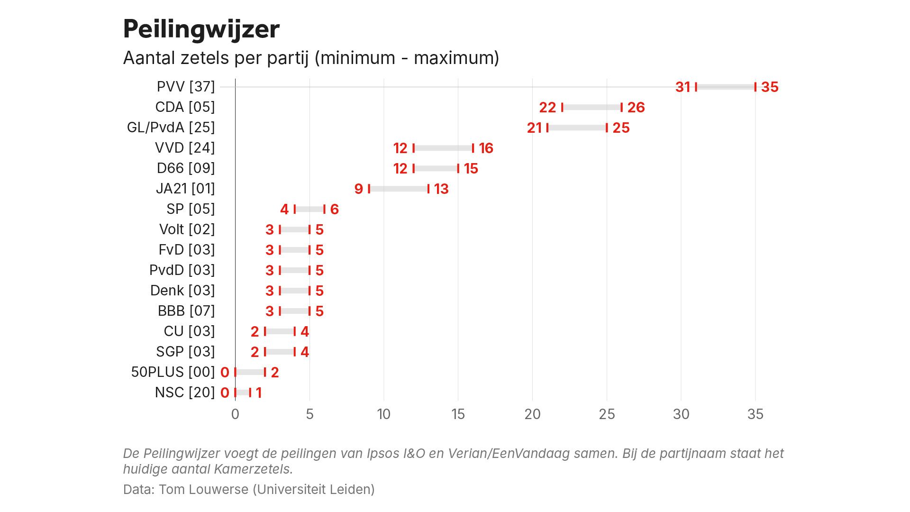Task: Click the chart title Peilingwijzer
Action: pos(201,29)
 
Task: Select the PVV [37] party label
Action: pos(186,87)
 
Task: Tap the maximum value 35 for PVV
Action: pos(770,87)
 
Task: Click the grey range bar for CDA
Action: pos(591,108)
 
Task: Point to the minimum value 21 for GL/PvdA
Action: pos(534,128)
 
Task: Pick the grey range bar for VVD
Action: pos(443,148)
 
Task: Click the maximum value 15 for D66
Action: pos(471,169)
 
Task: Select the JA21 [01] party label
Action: pos(185,189)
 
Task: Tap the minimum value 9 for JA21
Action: pos(359,189)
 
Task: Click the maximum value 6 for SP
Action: pos(334,210)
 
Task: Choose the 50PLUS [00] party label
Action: pos(173,372)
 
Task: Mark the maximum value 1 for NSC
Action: pos(259,393)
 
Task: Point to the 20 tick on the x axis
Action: pos(532,414)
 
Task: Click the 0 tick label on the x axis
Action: pos(235,414)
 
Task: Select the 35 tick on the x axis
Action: pos(755,414)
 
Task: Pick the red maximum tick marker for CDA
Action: pos(621,108)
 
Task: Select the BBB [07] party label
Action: pos(186,311)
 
